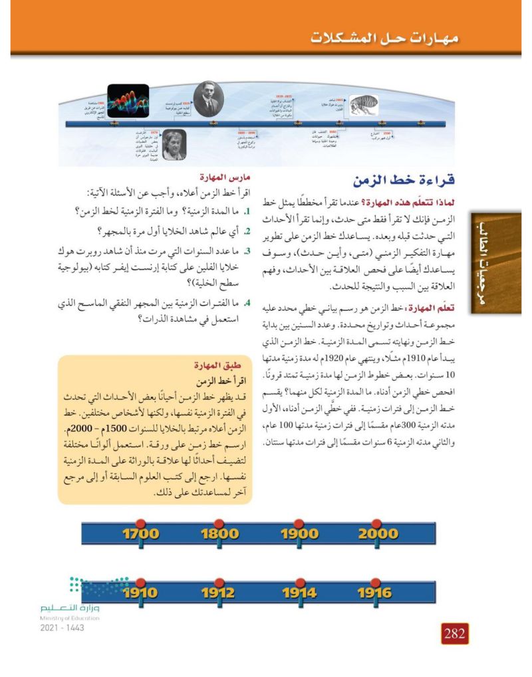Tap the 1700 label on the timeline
[x=140, y=533]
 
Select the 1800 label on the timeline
[x=219, y=533]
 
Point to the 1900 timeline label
[x=299, y=533]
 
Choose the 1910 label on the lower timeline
[x=140, y=593]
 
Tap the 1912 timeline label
[x=219, y=593]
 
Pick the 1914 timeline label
[x=299, y=593]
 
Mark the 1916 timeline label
[x=376, y=593]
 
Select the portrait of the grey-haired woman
[x=174, y=145]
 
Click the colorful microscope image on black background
[x=127, y=101]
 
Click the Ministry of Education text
[x=69, y=618]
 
